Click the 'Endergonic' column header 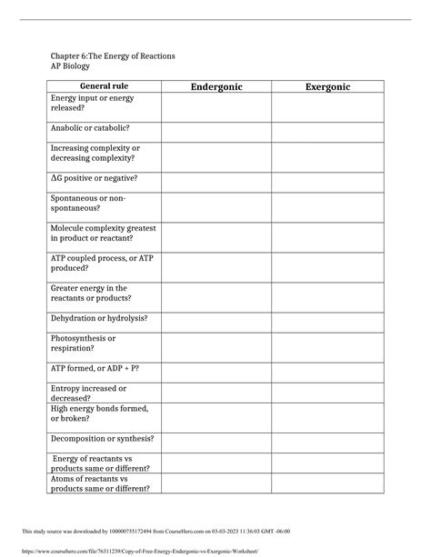coord(215,86)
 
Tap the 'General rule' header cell coord(104,86)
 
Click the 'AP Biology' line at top coord(72,67)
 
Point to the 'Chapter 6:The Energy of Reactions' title coord(113,56)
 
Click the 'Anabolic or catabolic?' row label coord(90,128)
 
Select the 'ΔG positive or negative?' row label coord(94,178)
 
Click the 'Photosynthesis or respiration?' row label coord(84,343)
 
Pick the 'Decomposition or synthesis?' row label coord(102,438)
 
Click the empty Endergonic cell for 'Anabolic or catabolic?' coord(215,129)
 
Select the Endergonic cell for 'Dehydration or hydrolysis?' coord(215,319)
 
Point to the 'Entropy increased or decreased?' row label coord(95,393)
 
